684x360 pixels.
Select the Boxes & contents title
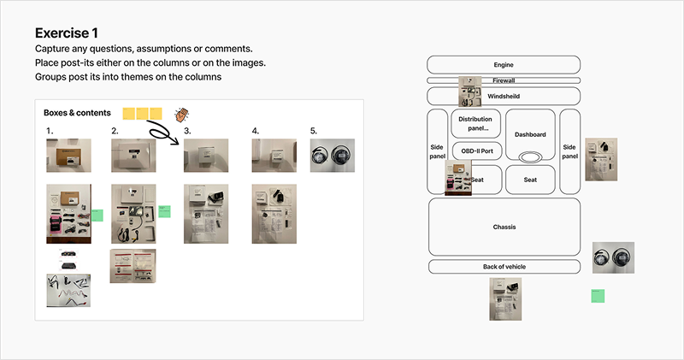[80, 113]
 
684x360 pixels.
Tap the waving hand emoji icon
[181, 114]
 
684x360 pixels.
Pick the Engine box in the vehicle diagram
[504, 65]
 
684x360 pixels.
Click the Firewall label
[504, 80]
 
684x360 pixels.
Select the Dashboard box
[530, 134]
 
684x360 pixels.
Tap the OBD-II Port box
[475, 151]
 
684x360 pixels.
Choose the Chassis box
[504, 227]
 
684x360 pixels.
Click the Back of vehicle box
[504, 267]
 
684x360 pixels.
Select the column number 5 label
[313, 131]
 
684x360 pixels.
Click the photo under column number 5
[330, 156]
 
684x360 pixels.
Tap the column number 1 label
[50, 131]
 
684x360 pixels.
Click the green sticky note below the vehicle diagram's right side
[598, 296]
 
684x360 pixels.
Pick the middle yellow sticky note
[142, 113]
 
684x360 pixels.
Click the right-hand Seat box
[530, 180]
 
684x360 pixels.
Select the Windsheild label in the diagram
[504, 97]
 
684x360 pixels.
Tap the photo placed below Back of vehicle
[504, 302]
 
